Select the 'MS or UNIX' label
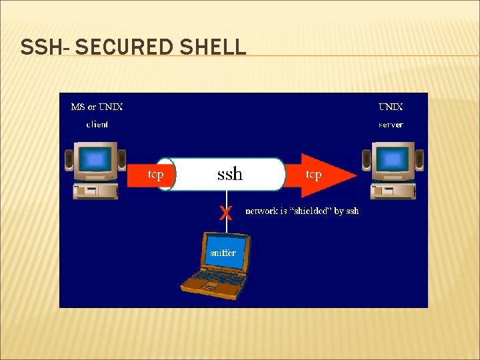[97, 107]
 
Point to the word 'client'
[97, 124]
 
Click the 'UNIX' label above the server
[391, 107]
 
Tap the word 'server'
[391, 124]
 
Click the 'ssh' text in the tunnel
[230, 175]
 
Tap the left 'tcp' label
[155, 175]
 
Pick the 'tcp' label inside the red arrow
[313, 175]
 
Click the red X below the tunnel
[226, 213]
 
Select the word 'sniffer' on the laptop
[223, 253]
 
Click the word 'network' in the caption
[262, 211]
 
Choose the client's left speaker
[69, 161]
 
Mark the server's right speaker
[419, 161]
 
